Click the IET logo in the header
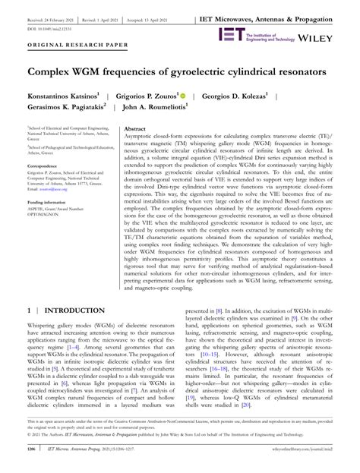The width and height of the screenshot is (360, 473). click(230, 34)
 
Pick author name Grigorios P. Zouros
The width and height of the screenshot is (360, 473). click(146, 96)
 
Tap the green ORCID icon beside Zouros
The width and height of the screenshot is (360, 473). click(183, 96)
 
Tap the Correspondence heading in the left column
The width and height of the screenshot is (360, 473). click(46, 164)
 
